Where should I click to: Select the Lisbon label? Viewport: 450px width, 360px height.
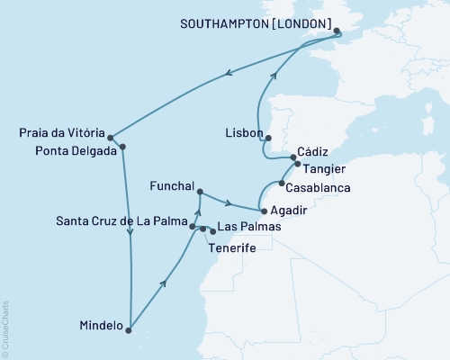click(243, 132)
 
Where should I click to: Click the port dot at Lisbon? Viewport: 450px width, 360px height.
click(267, 139)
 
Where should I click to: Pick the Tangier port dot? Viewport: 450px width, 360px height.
click(298, 165)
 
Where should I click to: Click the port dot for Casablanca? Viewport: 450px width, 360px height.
click(282, 183)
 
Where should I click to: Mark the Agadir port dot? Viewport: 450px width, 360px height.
click(263, 210)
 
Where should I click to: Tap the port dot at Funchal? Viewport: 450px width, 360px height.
click(199, 192)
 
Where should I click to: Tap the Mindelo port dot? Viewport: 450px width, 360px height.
click(130, 328)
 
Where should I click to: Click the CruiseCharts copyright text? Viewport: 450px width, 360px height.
click(5, 327)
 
